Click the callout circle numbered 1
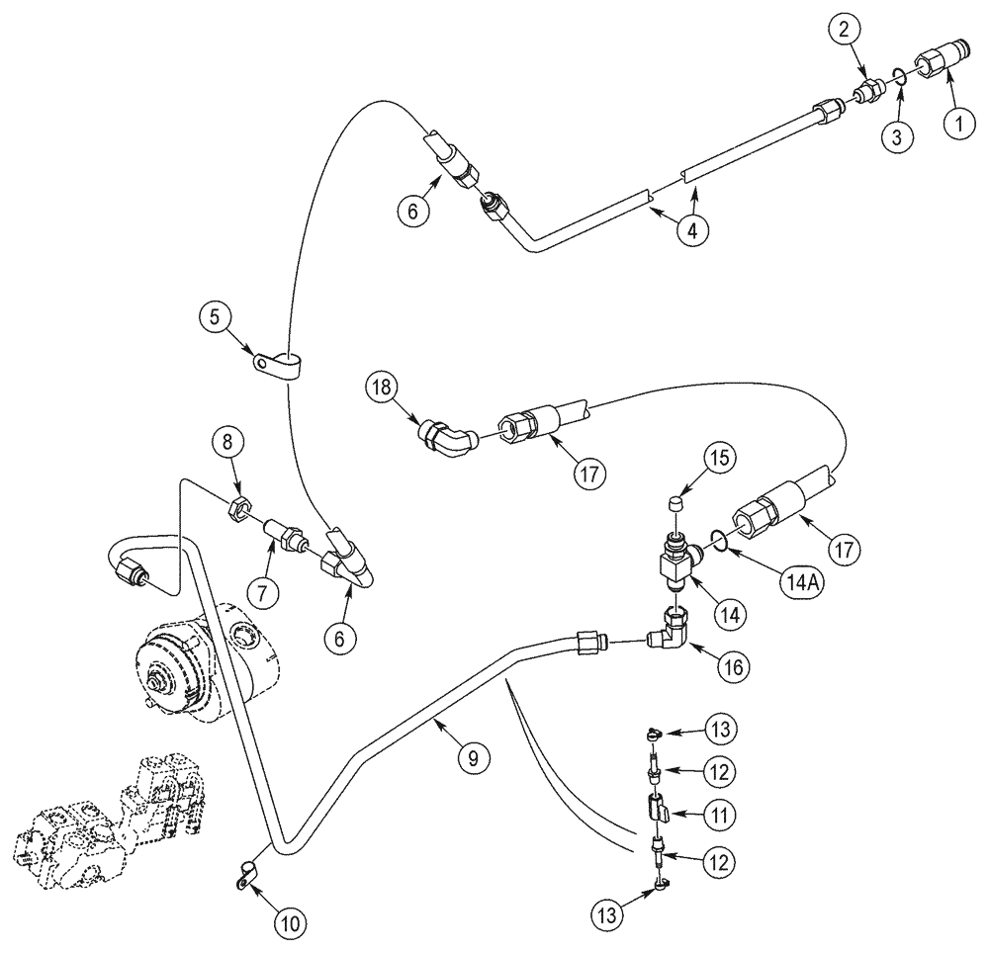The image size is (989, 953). [x=956, y=125]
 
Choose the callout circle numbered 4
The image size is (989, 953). [x=692, y=232]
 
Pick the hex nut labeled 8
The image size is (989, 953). [x=238, y=511]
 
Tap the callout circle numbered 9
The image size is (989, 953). [x=472, y=758]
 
